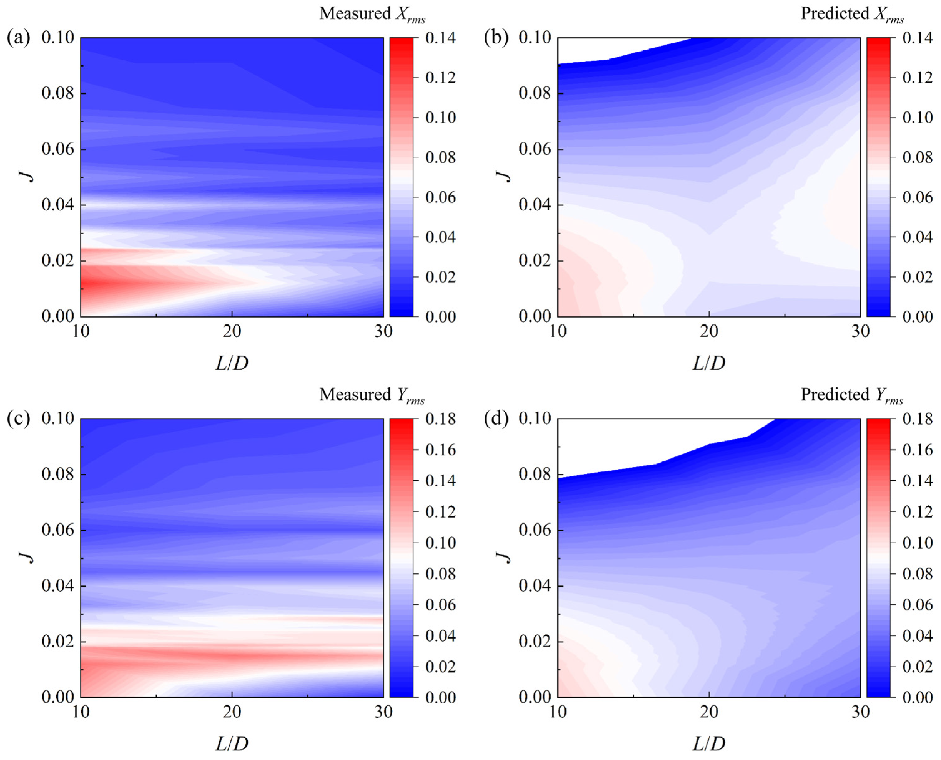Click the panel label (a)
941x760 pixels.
18,38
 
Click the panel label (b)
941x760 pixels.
496,38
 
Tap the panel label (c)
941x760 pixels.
18,419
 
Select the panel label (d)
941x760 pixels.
496,419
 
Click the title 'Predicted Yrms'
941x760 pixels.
852,395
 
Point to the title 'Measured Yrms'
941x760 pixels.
372,395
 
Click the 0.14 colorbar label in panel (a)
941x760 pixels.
440,38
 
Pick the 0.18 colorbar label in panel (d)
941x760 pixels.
917,419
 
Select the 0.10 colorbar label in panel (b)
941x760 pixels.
917,118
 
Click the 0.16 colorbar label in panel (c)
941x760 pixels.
440,450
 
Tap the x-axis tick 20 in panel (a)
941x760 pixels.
232,331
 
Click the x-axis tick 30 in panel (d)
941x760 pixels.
860,712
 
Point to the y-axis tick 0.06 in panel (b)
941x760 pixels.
535,149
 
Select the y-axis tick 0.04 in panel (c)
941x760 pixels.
57,586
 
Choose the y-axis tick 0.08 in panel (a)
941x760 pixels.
57,93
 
